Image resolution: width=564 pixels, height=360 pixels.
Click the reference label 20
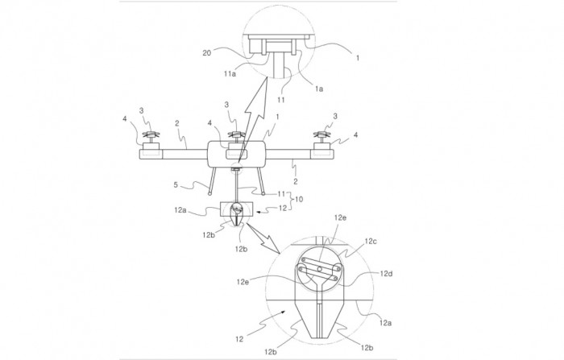click(206, 53)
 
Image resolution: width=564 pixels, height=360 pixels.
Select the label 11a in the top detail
click(230, 74)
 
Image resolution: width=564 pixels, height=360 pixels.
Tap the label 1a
click(319, 89)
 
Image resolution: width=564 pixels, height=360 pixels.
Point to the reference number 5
click(176, 185)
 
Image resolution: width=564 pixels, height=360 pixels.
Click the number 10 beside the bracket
click(299, 199)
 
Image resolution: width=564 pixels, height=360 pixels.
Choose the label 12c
click(371, 242)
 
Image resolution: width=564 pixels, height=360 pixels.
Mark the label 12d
click(386, 274)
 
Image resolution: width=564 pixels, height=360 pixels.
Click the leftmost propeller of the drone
click(151, 135)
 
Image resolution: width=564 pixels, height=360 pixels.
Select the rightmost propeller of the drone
click(322, 135)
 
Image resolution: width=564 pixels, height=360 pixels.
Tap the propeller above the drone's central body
click(237, 135)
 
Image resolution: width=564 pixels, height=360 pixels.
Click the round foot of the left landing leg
click(209, 193)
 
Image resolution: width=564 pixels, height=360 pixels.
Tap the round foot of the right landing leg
click(263, 193)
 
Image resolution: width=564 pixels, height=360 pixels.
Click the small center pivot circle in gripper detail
click(319, 269)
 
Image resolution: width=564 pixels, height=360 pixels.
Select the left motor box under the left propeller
click(151, 147)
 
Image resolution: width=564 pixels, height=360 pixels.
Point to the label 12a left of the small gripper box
click(180, 210)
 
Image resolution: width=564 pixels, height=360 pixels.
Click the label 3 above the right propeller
click(335, 116)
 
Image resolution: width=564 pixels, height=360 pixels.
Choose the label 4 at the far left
click(124, 118)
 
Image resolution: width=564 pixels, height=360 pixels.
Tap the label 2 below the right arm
click(296, 182)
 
